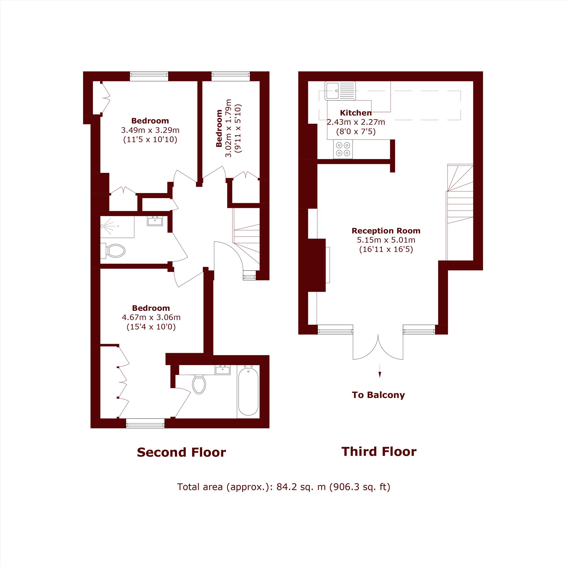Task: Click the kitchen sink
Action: pos(340,91)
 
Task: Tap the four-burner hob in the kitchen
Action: pos(343,149)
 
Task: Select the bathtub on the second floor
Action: pos(248,391)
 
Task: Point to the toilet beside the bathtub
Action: pos(199,384)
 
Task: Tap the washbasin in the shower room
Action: pos(155,221)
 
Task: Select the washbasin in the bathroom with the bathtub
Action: pos(223,370)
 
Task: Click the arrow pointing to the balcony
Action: pos(380,371)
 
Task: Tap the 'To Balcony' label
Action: pos(378,395)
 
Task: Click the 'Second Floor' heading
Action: pos(181,453)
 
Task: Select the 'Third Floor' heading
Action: pos(379,452)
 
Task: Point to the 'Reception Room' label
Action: pos(386,231)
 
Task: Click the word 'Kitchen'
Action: pos(356,113)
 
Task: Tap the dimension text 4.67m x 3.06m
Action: pos(151,317)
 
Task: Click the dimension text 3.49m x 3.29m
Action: pos(150,130)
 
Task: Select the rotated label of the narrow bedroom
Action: pos(219,128)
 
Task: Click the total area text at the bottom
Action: pos(284,487)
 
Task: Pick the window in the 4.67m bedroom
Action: pos(145,423)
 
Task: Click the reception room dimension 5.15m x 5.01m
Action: pos(386,240)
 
